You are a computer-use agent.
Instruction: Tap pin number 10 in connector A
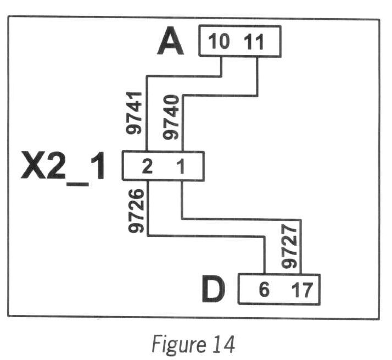coord(219,42)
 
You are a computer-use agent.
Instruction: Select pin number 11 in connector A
coord(253,42)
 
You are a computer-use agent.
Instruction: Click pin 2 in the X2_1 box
coord(147,167)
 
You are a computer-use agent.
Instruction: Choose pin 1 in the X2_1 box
coord(182,167)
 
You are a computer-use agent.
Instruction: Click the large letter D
coord(214,290)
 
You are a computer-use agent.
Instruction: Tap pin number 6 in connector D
coord(264,289)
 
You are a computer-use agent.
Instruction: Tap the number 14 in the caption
coord(225,344)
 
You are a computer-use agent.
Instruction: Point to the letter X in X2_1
coord(34,167)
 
